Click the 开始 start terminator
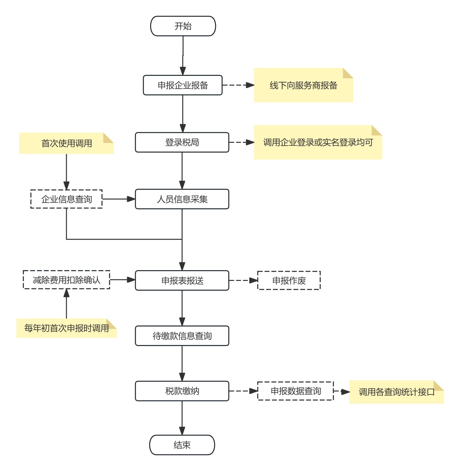[183, 26]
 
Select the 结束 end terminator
[182, 445]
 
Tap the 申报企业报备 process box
[183, 85]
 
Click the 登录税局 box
[182, 142]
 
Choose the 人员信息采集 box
[182, 199]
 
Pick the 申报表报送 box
[182, 280]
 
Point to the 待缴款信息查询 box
[182, 336]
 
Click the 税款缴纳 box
[182, 391]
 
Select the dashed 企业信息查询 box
[66, 199]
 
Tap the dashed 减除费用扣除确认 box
[66, 280]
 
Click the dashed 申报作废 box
[289, 280]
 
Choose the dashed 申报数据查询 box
[295, 391]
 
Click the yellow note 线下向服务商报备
[303, 85]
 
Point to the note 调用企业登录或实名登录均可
[318, 142]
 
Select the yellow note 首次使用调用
[66, 143]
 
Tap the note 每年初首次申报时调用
[66, 328]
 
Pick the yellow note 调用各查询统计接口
[396, 392]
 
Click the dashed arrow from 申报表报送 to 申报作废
[243, 280]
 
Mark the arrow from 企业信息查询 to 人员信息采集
[119, 199]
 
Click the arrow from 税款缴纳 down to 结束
[182, 418]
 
